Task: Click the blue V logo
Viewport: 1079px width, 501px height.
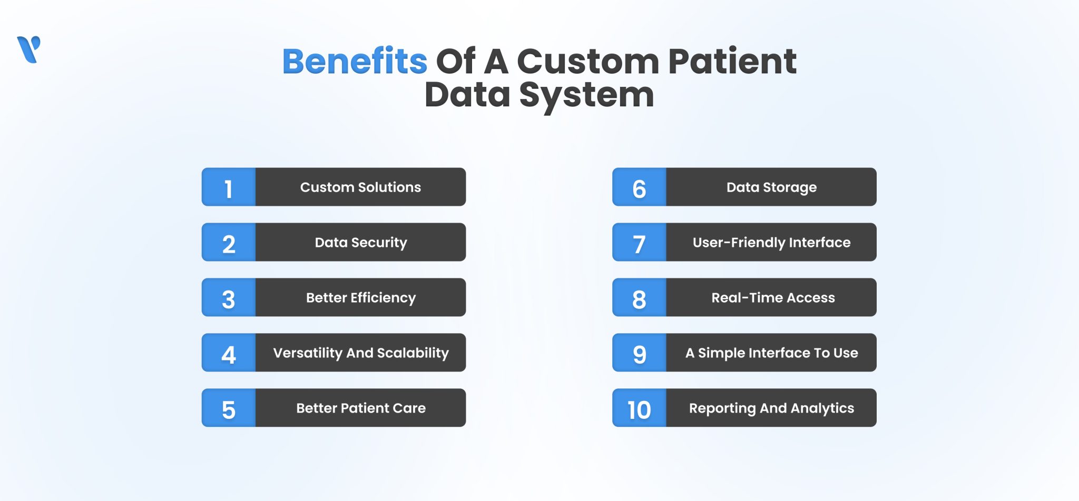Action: point(28,49)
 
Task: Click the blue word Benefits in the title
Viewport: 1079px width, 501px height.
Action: point(355,61)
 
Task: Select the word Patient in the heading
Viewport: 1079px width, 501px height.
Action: point(732,61)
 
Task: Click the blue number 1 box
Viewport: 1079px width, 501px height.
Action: point(229,187)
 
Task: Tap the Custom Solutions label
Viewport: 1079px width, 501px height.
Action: point(360,187)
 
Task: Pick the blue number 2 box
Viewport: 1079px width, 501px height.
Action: point(229,243)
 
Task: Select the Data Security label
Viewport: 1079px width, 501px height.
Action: point(360,243)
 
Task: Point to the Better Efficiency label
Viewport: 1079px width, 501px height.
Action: point(360,298)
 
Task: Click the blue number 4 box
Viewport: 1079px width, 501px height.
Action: point(229,353)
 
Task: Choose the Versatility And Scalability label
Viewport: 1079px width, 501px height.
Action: point(360,353)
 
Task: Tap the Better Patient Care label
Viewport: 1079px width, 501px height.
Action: point(360,408)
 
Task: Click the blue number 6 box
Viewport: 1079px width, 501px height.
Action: point(639,187)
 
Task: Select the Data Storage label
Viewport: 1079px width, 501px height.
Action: point(771,187)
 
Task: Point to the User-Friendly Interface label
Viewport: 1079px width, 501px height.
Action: point(771,243)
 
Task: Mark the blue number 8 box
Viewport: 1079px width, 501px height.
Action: point(639,298)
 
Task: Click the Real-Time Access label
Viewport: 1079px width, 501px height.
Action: point(773,298)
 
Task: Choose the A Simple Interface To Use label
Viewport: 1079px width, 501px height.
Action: point(771,353)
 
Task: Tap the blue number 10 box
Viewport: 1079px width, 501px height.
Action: point(639,408)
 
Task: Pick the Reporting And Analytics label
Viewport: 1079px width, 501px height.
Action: point(771,408)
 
